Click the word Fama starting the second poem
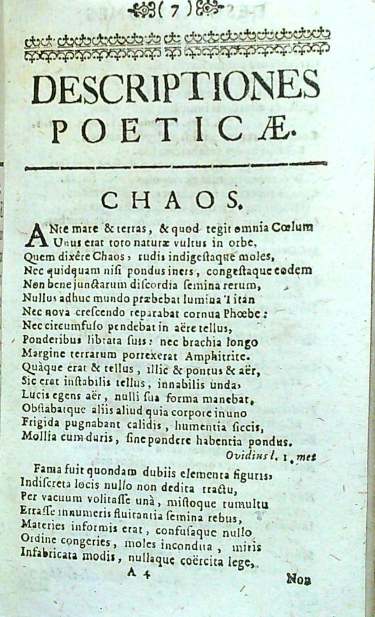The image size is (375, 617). click(x=46, y=469)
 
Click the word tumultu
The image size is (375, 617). click(x=245, y=504)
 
